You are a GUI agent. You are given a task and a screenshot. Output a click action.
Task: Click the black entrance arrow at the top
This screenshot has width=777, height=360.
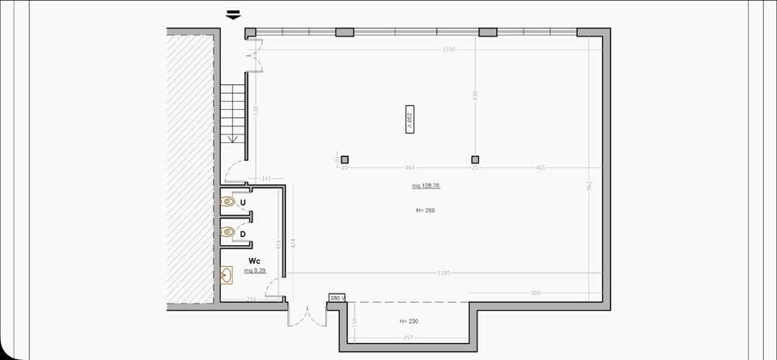pyautogui.click(x=234, y=14)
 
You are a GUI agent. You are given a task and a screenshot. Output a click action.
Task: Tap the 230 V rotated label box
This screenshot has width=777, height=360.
pyautogui.click(x=410, y=119)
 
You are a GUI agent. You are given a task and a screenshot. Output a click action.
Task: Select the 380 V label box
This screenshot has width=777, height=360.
pyautogui.click(x=337, y=299)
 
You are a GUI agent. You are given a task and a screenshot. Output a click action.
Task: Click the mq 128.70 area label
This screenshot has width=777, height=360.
pyautogui.click(x=426, y=186)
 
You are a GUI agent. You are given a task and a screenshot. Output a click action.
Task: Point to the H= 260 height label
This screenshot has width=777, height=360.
pyautogui.click(x=426, y=210)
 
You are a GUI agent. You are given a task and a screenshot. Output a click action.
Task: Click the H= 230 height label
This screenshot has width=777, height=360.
pyautogui.click(x=409, y=321)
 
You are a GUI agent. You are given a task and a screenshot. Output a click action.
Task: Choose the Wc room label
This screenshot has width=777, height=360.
pyautogui.click(x=254, y=260)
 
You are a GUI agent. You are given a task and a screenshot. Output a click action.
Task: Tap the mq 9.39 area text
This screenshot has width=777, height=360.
pyautogui.click(x=256, y=270)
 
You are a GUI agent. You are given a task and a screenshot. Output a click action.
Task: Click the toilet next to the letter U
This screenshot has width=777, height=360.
pyautogui.click(x=228, y=201)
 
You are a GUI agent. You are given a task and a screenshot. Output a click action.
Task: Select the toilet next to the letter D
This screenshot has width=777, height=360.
pyautogui.click(x=228, y=233)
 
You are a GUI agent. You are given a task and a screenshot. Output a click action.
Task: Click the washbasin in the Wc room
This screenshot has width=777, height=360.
pyautogui.click(x=227, y=276)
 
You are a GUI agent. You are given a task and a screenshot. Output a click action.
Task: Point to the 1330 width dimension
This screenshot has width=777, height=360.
pyautogui.click(x=448, y=49)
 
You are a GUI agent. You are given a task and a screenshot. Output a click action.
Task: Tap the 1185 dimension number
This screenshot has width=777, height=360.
pyautogui.click(x=444, y=273)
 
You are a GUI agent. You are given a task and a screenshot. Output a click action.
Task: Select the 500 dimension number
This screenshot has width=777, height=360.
pyautogui.click(x=535, y=292)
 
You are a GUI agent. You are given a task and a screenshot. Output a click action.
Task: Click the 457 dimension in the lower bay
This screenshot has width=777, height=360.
pyautogui.click(x=409, y=337)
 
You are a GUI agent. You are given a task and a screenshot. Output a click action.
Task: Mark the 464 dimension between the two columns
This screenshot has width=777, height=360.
pyautogui.click(x=410, y=167)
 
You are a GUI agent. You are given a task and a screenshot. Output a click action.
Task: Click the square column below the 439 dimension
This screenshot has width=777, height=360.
pyautogui.click(x=475, y=159)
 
